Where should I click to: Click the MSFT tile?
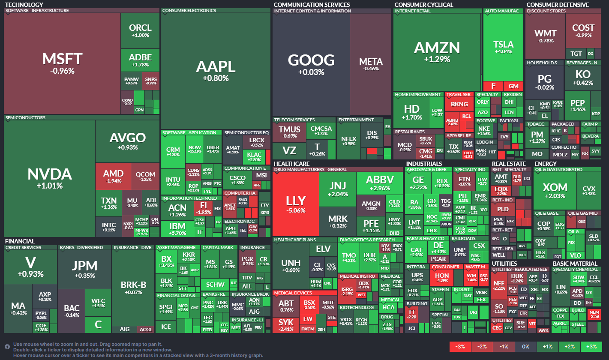pyautogui.click(x=62, y=63)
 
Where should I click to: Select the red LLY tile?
pyautogui.click(x=296, y=203)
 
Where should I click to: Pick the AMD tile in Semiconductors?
pyautogui.click(x=114, y=176)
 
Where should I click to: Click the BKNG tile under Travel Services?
pyautogui.click(x=459, y=104)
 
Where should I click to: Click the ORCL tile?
pyautogui.click(x=140, y=30)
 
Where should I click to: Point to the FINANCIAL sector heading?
pyautogui.click(x=20, y=241)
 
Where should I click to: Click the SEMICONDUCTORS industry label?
pyautogui.click(x=25, y=117)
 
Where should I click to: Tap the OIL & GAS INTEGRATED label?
pyautogui.click(x=558, y=169)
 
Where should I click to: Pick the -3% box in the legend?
pyautogui.click(x=460, y=347)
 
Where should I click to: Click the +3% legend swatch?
pyautogui.click(x=591, y=347)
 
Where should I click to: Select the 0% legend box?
pyautogui.click(x=526, y=347)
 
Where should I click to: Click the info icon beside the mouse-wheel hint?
pyautogui.click(x=7, y=345)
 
